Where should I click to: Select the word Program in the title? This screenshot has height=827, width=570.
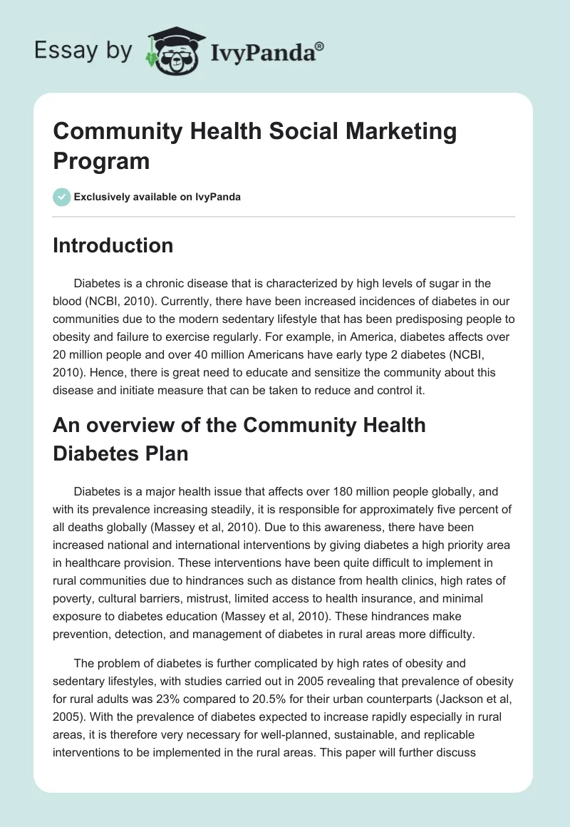pos(101,161)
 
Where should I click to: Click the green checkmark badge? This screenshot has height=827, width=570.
pos(61,196)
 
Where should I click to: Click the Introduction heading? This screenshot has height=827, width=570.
pos(113,245)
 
